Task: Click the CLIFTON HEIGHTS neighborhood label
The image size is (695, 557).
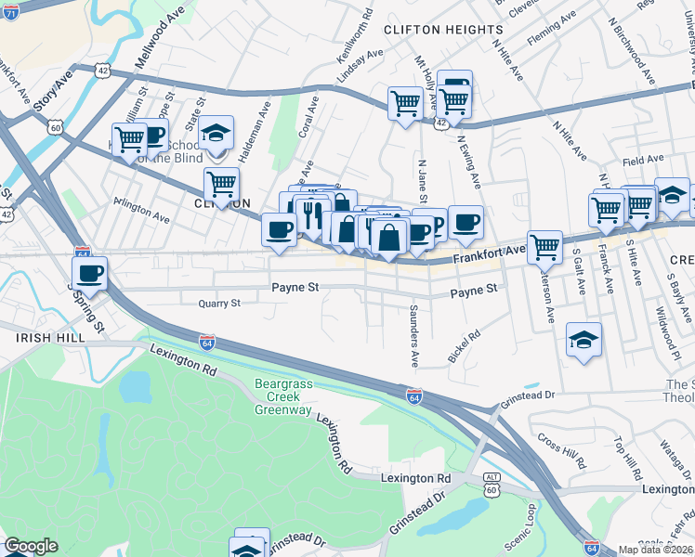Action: point(443,30)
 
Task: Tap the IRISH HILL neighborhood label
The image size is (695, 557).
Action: point(38,340)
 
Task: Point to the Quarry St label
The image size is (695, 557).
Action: point(219,303)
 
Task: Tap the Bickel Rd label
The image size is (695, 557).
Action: point(464,344)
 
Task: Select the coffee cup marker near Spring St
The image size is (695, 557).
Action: point(90,273)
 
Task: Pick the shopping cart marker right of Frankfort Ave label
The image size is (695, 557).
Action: point(544,247)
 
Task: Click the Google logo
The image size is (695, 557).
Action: point(31,546)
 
